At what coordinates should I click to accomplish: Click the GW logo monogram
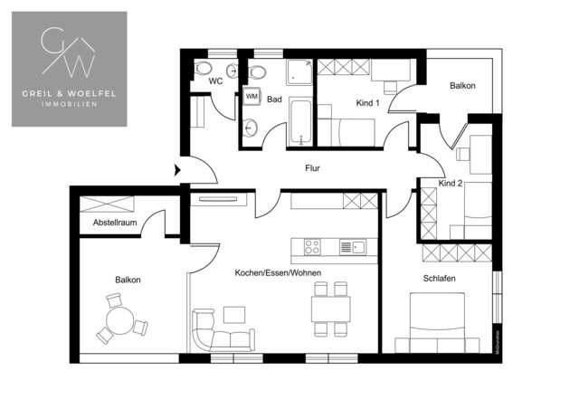69,54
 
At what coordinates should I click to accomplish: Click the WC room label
215,81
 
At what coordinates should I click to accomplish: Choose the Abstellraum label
113,223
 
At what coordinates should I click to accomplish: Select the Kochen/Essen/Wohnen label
278,272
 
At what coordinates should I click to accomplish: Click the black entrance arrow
176,168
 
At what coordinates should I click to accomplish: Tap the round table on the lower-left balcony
119,320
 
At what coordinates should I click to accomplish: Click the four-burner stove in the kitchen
313,245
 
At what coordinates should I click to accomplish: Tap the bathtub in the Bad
299,123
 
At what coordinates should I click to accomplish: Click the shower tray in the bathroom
299,75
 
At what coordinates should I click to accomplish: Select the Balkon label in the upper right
462,86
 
